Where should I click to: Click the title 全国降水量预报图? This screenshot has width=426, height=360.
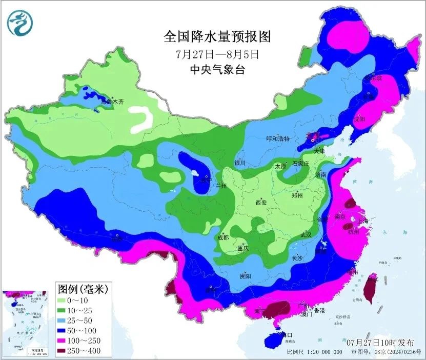pos(216,36)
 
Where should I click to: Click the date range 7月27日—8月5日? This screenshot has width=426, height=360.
pos(216,53)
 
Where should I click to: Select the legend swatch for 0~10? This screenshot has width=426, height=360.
pos(65,300)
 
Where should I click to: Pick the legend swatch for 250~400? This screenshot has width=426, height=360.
pos(65,351)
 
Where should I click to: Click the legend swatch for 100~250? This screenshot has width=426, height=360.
pos(65,341)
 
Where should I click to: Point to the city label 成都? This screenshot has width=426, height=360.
pos(222,237)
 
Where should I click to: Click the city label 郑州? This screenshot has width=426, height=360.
pos(297,195)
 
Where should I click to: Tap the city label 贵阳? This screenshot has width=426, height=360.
pos(245,276)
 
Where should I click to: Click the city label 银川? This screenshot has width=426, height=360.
pos(240,163)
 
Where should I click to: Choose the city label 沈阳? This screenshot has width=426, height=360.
pos(360,119)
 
